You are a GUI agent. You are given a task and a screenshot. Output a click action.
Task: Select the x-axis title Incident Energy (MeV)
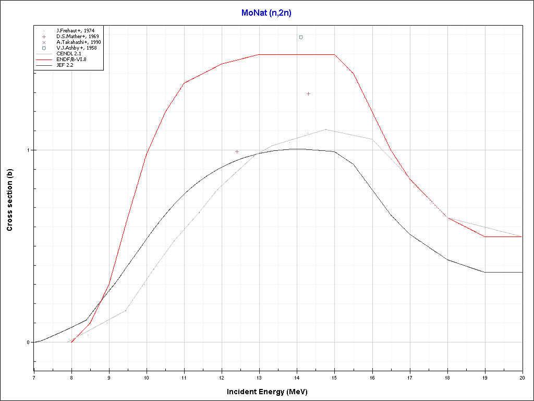tap(271, 392)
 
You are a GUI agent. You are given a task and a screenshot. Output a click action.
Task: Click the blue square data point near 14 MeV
tap(301, 37)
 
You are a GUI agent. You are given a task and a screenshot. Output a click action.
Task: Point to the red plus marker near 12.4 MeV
tap(237, 151)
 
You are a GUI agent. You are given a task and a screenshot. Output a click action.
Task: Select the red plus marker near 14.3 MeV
tap(308, 93)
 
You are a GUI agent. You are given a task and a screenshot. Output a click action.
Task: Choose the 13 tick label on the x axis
tap(259, 377)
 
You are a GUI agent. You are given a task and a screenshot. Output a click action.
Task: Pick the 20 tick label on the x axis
tap(521, 377)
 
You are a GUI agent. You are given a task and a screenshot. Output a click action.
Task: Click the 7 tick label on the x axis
tap(34, 377)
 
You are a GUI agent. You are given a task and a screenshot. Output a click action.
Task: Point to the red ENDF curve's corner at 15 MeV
tap(334, 54)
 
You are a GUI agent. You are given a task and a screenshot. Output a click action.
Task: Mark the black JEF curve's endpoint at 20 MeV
tap(521, 272)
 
